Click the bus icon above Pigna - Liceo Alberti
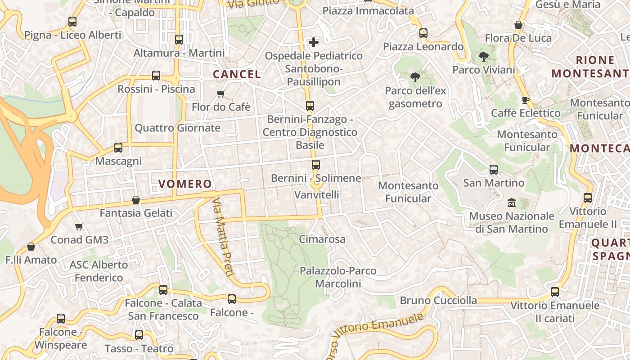(x=72, y=21)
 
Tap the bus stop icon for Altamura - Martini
(x=179, y=39)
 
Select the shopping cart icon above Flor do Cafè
(x=220, y=94)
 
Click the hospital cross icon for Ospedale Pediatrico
(x=314, y=42)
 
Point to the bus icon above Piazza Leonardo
(x=423, y=33)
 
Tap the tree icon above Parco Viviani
(x=484, y=56)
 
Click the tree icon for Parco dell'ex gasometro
(x=415, y=77)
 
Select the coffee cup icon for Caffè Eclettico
(x=525, y=99)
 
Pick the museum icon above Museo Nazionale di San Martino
(x=512, y=202)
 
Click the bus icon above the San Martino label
(x=494, y=170)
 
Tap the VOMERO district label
(x=185, y=184)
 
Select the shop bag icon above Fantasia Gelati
(x=136, y=199)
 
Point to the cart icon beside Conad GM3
(x=79, y=226)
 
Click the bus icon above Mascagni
(x=118, y=147)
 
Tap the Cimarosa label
(x=322, y=239)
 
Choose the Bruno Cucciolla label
(x=438, y=300)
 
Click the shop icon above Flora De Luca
(x=518, y=25)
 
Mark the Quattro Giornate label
(x=177, y=128)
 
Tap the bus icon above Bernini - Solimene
(x=316, y=164)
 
